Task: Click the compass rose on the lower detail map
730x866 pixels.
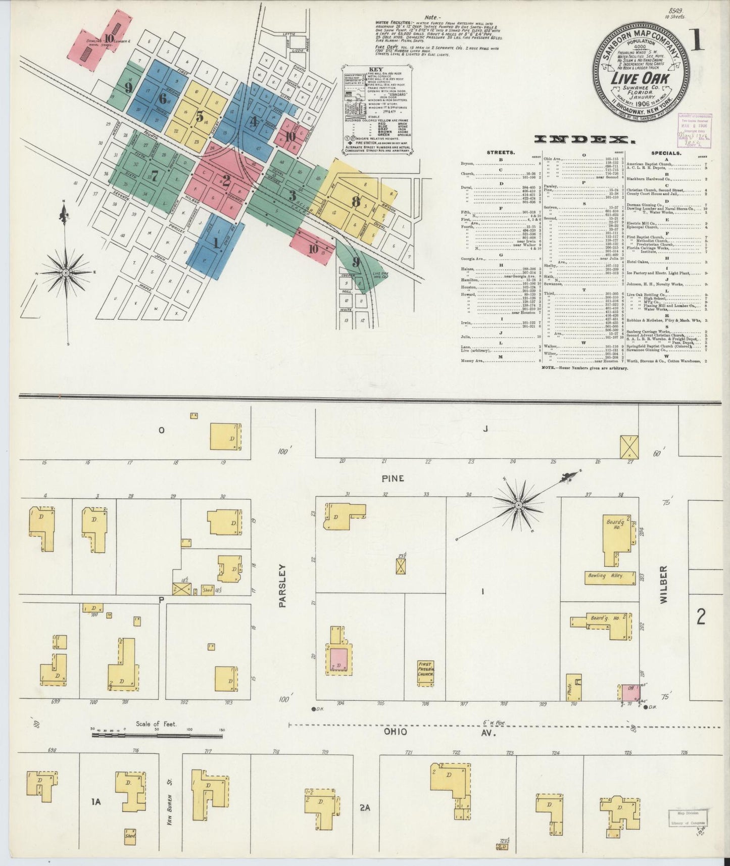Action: point(518,505)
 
